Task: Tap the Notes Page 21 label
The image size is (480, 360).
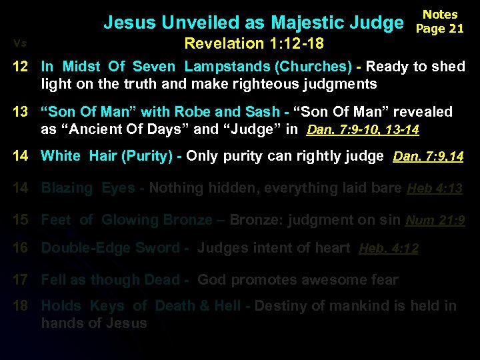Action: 440,21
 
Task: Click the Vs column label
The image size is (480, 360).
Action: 19,43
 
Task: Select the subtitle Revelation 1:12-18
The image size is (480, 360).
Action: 255,44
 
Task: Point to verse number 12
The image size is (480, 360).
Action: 20,67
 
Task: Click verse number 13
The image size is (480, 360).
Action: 20,112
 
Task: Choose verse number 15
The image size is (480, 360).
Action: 20,219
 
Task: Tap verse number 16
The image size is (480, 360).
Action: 20,248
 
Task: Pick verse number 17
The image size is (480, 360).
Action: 20,280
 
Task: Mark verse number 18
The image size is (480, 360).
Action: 20,306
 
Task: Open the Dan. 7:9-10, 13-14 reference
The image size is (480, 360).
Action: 363,131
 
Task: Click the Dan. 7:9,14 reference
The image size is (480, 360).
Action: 428,157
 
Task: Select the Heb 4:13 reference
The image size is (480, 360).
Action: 434,189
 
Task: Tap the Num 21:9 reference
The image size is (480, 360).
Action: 435,220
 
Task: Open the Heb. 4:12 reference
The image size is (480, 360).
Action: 389,249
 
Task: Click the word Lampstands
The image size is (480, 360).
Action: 225,67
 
